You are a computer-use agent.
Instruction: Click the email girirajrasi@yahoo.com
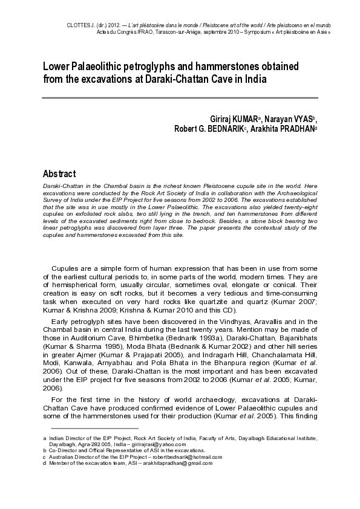169,443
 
